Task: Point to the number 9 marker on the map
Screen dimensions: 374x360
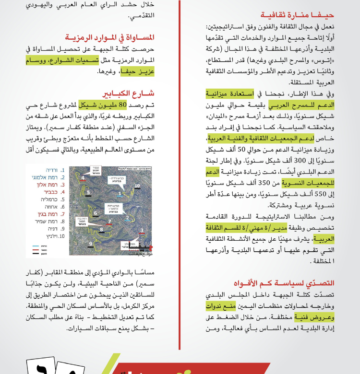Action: (91, 244)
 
